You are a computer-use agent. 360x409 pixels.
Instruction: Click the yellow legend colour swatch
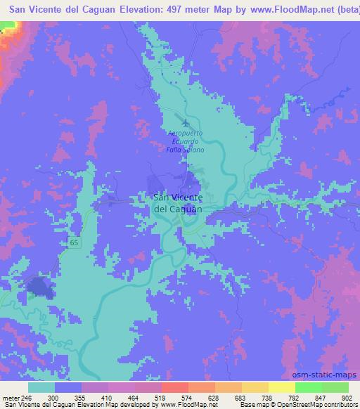tap(282, 387)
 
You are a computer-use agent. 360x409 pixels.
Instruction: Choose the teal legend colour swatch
tap(41, 387)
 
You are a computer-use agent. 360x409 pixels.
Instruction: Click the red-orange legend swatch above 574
tap(175, 387)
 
